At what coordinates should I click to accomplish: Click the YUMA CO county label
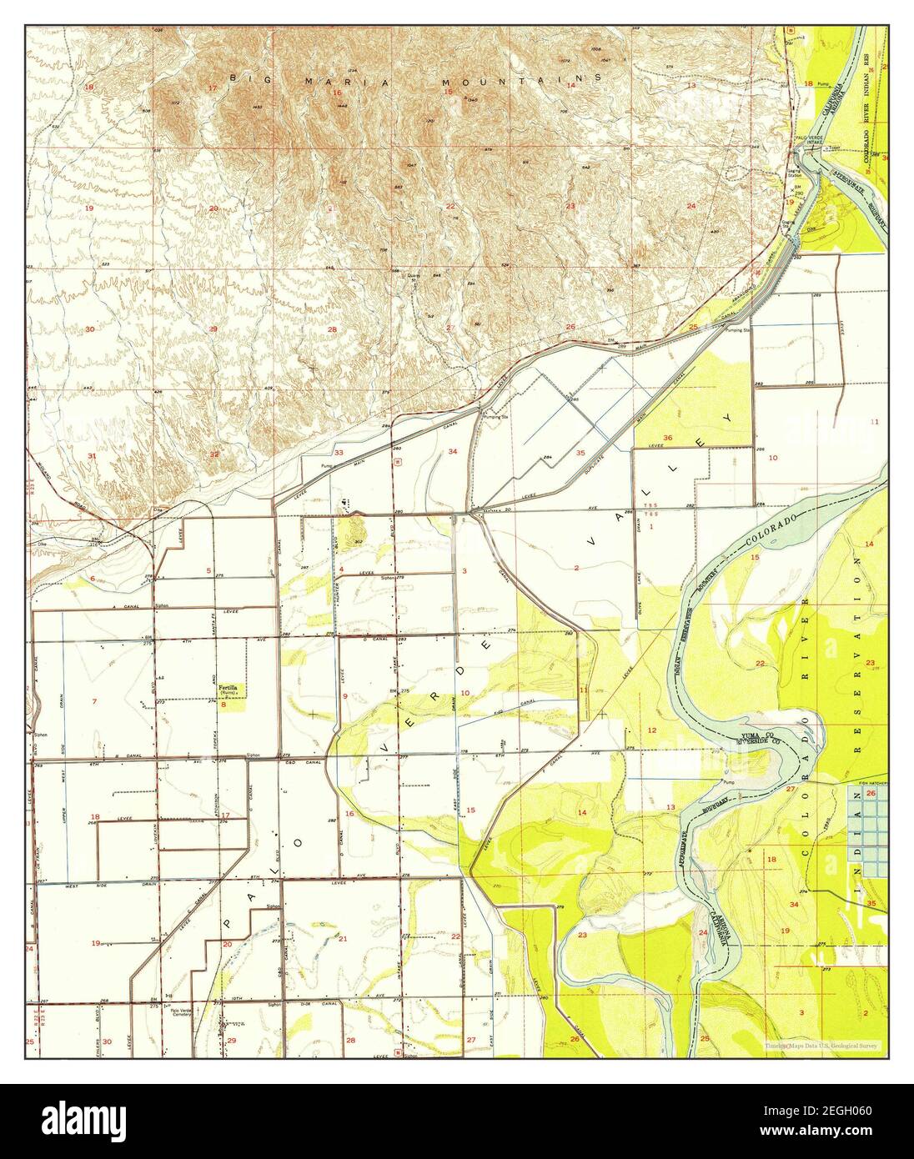pyautogui.click(x=756, y=735)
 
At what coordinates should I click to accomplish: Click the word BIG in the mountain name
pyautogui.click(x=248, y=78)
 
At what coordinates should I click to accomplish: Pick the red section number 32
pyautogui.click(x=214, y=454)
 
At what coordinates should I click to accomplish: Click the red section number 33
pyautogui.click(x=339, y=452)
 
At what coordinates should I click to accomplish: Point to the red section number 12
pyautogui.click(x=652, y=730)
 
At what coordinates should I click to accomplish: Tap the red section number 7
pyautogui.click(x=94, y=701)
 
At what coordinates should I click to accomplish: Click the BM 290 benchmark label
pyautogui.click(x=797, y=190)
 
